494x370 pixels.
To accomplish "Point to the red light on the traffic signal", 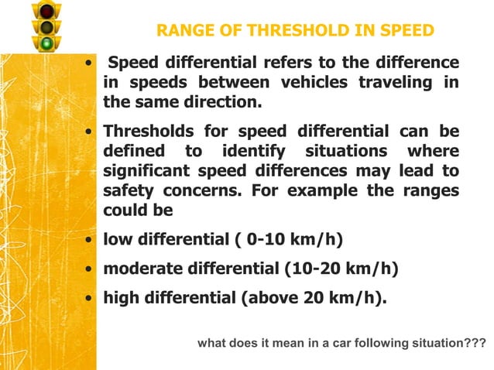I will (x=46, y=11).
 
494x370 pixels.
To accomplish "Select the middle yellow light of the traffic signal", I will (x=46, y=27).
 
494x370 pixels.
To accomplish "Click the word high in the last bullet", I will (x=122, y=298).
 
